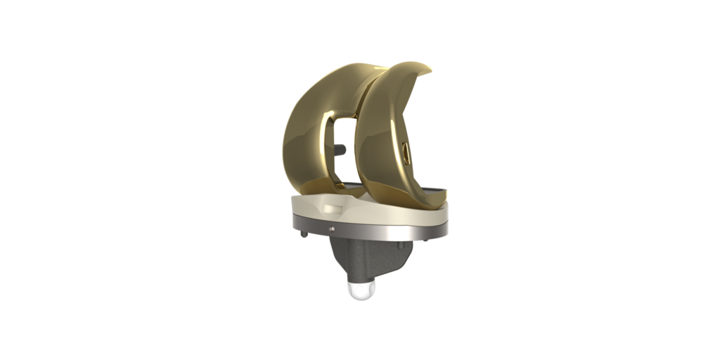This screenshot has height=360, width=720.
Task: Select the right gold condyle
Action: click(x=383, y=141)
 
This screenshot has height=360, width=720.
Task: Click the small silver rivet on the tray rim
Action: click(x=330, y=228)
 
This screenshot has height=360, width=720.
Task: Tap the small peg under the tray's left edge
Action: click(x=302, y=234)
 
